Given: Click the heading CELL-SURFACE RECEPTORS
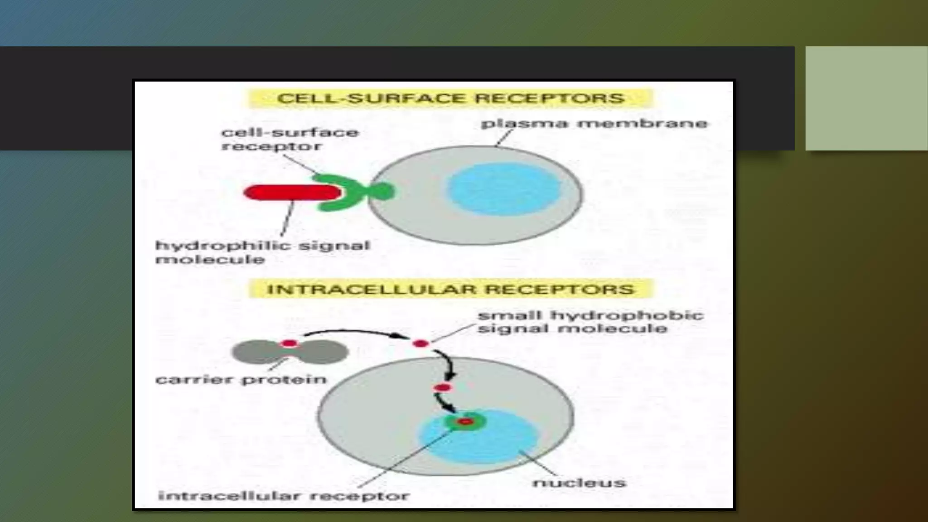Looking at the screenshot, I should (450, 98).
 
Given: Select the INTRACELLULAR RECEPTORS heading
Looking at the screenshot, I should (450, 289).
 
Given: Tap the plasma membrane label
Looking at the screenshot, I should (594, 123).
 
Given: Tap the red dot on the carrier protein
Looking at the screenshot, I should (290, 343).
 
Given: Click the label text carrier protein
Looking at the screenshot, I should (241, 379).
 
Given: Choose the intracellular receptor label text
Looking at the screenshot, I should (284, 495).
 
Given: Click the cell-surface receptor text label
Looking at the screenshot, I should (290, 139).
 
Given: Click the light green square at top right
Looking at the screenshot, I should (866, 98).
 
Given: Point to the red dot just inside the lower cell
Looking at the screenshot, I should (442, 388).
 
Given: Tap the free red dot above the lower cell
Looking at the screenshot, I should (420, 343).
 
